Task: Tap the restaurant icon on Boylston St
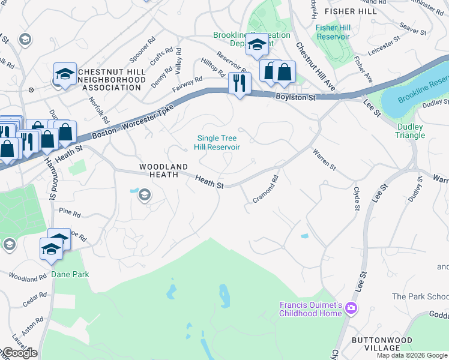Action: [240, 82]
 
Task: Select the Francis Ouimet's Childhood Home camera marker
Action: [351, 310]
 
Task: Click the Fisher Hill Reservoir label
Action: [333, 32]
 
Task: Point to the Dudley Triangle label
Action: [411, 131]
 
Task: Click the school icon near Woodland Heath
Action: [144, 195]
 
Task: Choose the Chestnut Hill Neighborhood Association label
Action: [103, 79]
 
